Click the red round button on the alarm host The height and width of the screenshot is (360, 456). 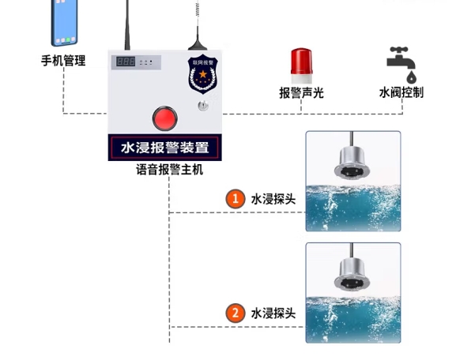click(164, 118)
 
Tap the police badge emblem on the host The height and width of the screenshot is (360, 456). click(202, 74)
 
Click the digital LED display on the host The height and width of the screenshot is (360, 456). click(126, 62)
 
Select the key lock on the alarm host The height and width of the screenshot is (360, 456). click(203, 106)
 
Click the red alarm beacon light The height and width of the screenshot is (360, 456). click(301, 66)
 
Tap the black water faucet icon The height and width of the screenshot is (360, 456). click(401, 61)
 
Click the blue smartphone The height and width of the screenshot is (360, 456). click(64, 23)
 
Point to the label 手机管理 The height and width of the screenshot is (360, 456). click(63, 61)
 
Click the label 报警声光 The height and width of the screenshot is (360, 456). click(301, 93)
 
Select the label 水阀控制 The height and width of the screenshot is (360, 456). click(401, 92)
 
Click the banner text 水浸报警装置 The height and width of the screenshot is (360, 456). click(165, 148)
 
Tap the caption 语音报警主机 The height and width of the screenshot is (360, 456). click(170, 170)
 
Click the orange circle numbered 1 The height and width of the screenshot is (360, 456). click(236, 199)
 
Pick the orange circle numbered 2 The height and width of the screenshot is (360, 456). click(236, 313)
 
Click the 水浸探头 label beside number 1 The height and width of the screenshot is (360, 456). click(273, 199)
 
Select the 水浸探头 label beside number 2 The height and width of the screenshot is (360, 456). click(273, 313)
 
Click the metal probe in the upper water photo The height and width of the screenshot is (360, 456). click(352, 162)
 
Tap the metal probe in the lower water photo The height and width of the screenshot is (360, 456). click(352, 274)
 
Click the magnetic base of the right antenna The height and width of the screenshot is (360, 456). click(198, 46)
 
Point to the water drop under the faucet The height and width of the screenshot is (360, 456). click(411, 77)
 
